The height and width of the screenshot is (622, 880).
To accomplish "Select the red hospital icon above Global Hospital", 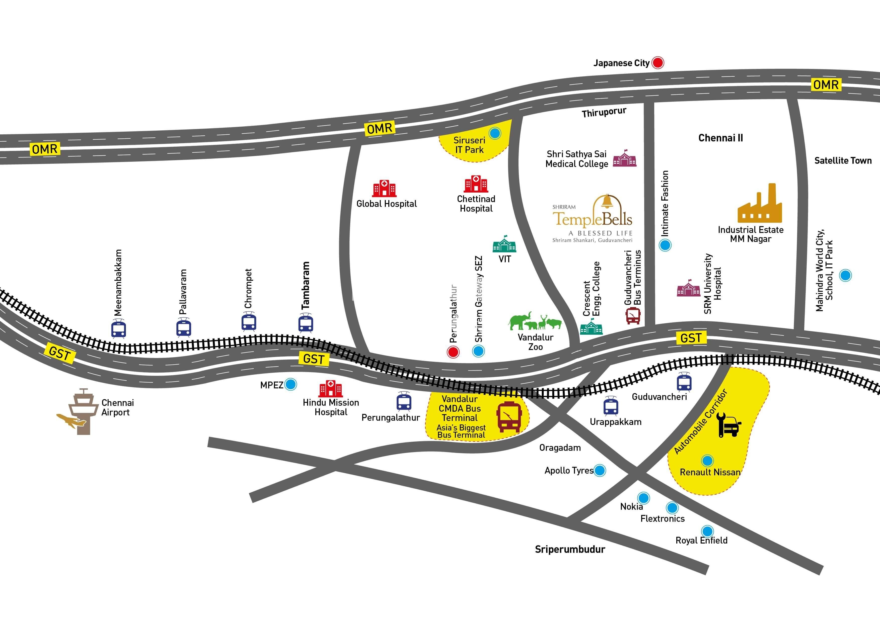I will [384, 189].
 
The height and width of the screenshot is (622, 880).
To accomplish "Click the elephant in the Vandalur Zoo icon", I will [520, 321].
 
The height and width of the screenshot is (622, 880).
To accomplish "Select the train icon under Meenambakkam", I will [118, 329].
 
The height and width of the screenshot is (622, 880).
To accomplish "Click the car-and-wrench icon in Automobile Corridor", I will [729, 425].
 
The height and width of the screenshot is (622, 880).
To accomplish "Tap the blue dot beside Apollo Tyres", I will [600, 470].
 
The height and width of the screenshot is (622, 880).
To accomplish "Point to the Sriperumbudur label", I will [570, 550].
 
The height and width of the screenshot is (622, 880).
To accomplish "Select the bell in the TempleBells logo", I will [607, 201].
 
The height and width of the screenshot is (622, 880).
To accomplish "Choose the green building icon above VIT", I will [504, 244].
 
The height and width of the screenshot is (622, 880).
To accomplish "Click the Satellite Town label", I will [843, 160].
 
